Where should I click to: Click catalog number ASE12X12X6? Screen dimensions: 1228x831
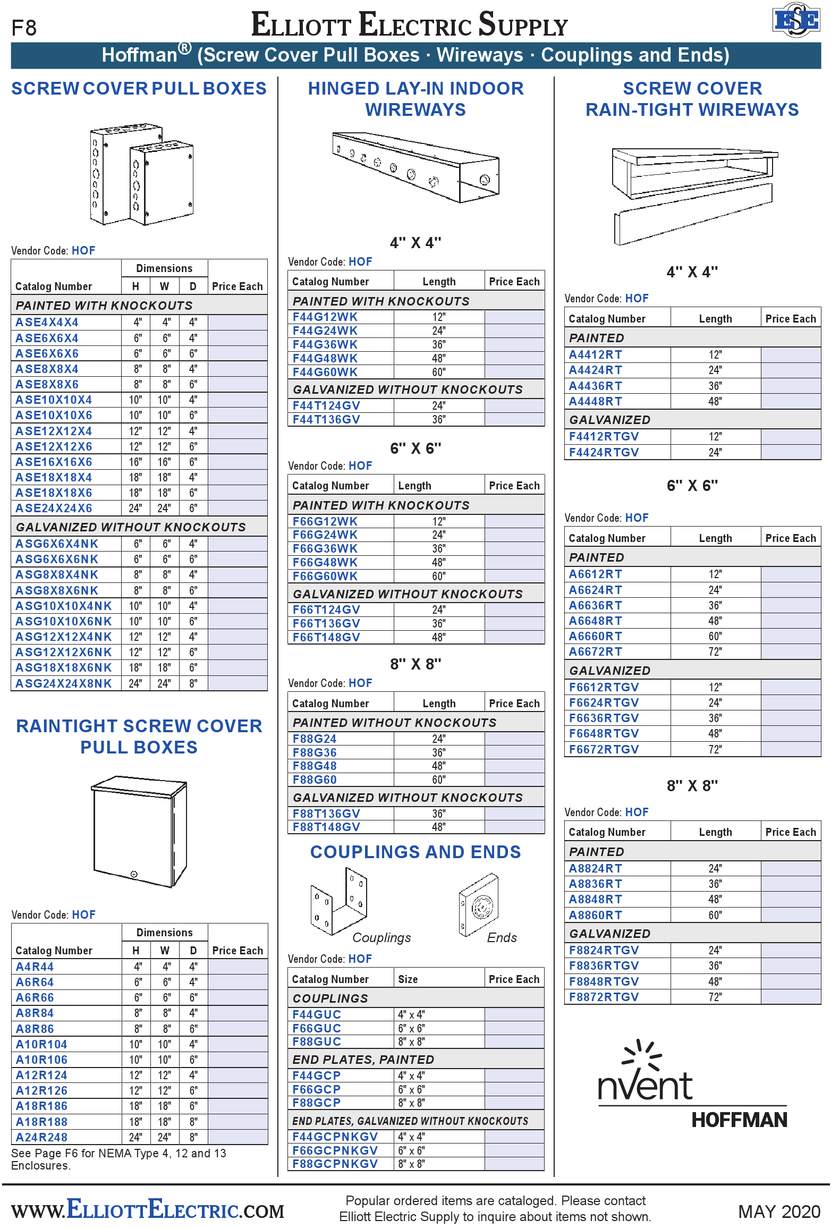[54, 447]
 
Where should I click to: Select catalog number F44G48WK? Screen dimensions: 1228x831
[325, 359]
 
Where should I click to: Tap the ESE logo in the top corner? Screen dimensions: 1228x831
[795, 21]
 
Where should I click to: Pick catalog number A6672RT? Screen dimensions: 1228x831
[595, 652]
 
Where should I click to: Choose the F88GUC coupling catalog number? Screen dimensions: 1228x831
[317, 1042]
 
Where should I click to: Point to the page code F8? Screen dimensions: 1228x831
[24, 28]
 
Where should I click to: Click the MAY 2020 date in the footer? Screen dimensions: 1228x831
[779, 1212]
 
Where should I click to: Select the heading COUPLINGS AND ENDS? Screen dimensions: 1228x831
[415, 852]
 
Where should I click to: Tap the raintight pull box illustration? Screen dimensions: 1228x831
[139, 832]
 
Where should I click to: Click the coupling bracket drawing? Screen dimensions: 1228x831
[338, 901]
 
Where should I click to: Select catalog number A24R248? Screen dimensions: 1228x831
[41, 1138]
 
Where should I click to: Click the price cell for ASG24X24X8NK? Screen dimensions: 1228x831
[238, 683]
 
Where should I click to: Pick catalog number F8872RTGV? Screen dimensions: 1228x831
[604, 997]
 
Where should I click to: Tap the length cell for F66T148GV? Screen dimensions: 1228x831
[439, 637]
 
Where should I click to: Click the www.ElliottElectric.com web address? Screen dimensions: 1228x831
[148, 1210]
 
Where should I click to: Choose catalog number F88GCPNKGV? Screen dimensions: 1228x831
[335, 1164]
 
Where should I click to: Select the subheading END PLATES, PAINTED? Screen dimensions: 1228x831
[363, 1060]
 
